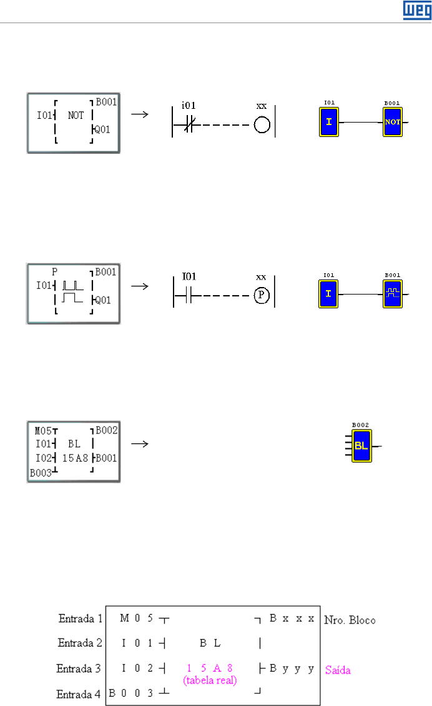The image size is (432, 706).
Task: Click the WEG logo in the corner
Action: pyautogui.click(x=413, y=10)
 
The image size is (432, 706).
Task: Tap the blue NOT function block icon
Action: pyautogui.click(x=392, y=122)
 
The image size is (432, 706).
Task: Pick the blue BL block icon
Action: pyautogui.click(x=361, y=446)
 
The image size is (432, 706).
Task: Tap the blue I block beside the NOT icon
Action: pyautogui.click(x=329, y=122)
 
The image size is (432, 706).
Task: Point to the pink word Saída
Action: pyautogui.click(x=338, y=670)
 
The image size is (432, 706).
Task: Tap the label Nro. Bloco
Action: pyautogui.click(x=350, y=620)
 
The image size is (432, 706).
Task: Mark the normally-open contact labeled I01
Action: pyautogui.click(x=187, y=298)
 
